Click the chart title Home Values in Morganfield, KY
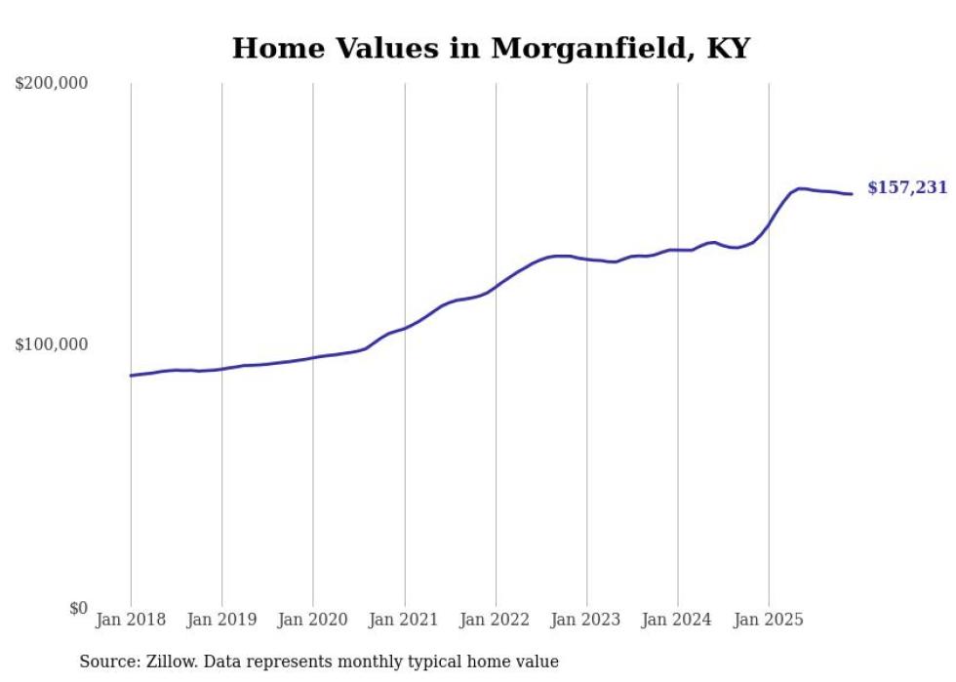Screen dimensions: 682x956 pos(491,48)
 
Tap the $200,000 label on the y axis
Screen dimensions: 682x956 pos(52,84)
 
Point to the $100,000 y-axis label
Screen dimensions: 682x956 pos(52,344)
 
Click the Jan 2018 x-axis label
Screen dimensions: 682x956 pos(131,620)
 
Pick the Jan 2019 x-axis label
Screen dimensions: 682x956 pos(221,620)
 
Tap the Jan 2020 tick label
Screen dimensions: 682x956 pos(313,620)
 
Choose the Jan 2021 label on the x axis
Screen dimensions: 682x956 pos(404,620)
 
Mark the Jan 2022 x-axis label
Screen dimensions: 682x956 pos(496,620)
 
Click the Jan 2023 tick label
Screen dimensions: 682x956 pos(586,620)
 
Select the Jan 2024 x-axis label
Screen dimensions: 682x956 pos(678,620)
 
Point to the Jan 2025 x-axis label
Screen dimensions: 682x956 pos(769,620)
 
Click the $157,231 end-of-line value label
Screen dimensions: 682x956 pos(907,187)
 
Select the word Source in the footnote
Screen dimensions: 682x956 pos(105,662)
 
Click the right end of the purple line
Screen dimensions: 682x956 pos(852,193)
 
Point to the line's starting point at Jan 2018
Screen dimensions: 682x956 pos(131,376)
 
